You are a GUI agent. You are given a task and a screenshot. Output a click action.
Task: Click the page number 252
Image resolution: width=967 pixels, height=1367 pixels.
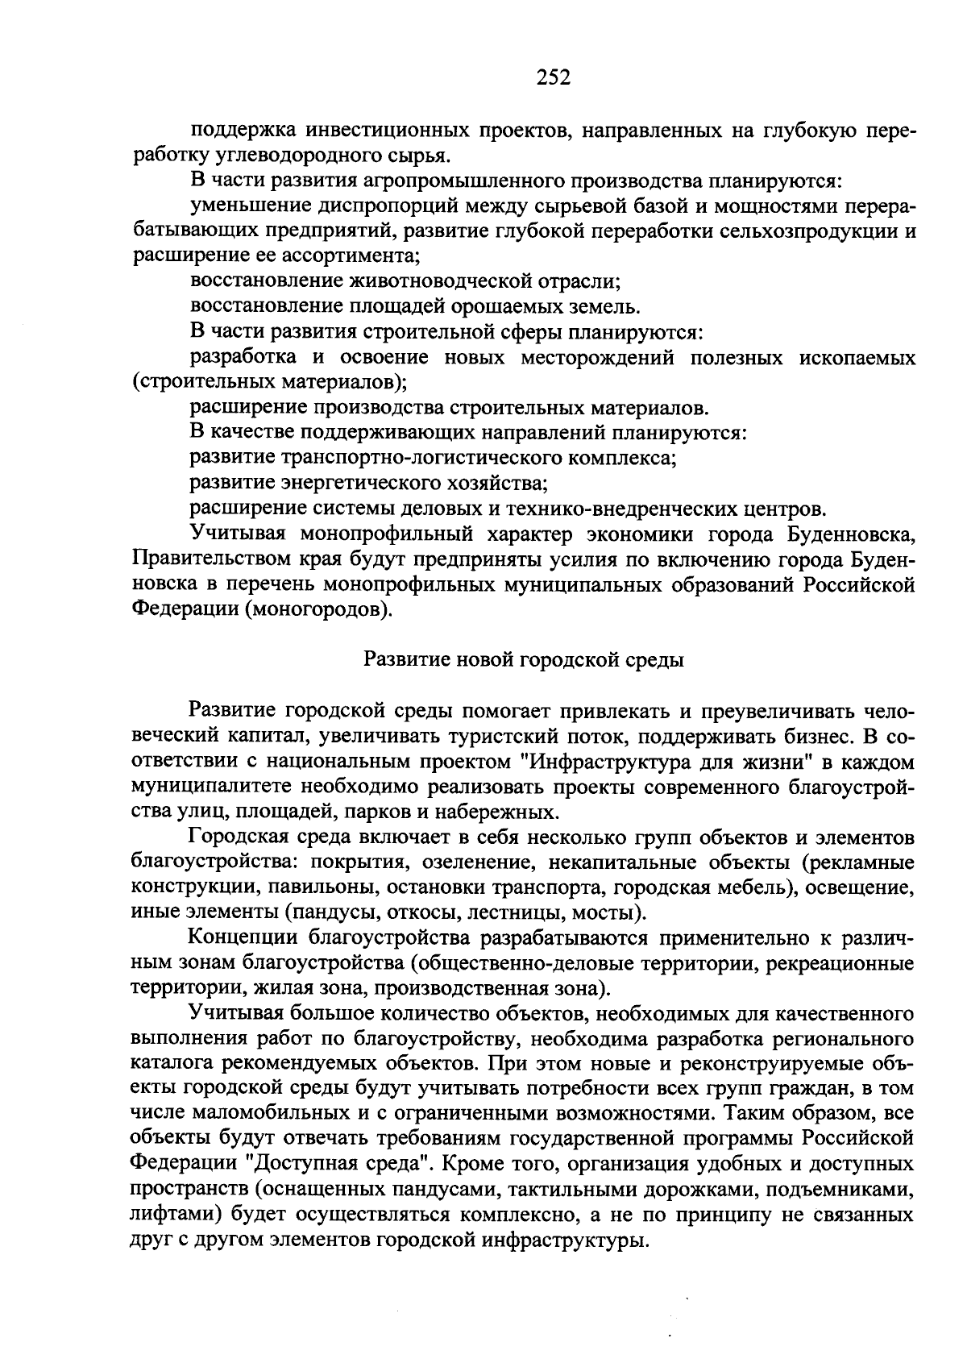(x=553, y=77)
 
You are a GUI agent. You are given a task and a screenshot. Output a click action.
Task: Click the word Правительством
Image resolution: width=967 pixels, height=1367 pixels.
(x=212, y=559)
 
